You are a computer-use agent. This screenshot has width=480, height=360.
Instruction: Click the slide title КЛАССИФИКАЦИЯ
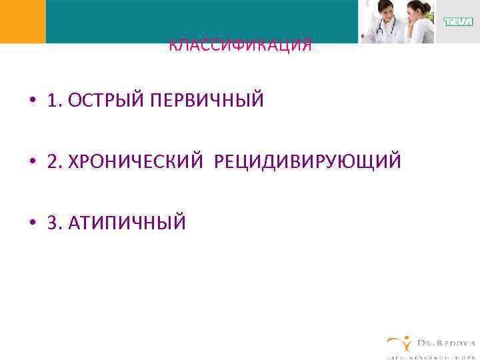coord(240,46)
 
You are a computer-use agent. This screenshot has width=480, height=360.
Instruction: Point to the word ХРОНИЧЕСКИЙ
coord(138,162)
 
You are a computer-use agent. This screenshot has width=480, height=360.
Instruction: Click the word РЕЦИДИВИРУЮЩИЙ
coord(307,162)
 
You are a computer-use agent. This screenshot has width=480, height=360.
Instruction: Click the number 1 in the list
coord(52,101)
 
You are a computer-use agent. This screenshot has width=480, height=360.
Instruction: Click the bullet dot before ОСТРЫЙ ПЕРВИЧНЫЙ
coord(31,101)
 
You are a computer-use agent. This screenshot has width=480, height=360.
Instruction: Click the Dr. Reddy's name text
coord(446,343)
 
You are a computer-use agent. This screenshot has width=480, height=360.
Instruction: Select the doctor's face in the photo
coord(386,10)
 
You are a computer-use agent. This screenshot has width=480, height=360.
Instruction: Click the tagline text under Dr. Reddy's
coord(432,356)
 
